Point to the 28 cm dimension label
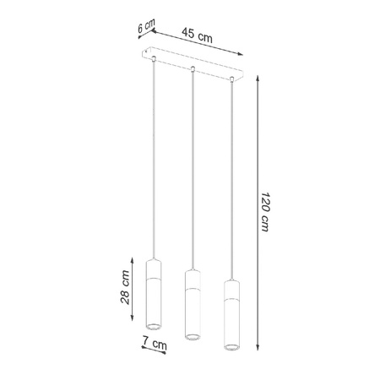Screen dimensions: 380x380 124,287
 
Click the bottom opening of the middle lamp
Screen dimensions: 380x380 191,335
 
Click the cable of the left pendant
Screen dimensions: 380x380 153,160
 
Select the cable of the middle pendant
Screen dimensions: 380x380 192,169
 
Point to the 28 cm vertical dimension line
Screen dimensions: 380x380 134,287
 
